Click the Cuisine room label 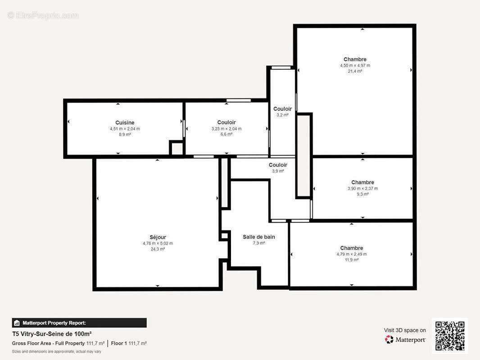click(125, 122)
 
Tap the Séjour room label click(158, 237)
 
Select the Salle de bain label click(258, 237)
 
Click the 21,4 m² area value click(355, 71)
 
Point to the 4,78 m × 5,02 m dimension click(158, 243)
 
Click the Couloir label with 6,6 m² click(226, 122)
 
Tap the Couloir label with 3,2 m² click(282, 109)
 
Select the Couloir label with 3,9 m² click(278, 165)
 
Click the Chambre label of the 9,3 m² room click(362, 182)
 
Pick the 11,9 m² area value click(352, 260)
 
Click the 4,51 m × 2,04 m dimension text click(125, 129)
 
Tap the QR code click(450, 336)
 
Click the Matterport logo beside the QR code click(405, 340)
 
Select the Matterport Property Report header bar click(79, 323)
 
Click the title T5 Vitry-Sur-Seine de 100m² click(52, 334)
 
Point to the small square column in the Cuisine click(177, 148)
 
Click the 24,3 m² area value click(158, 249)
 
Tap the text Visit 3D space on click(404, 330)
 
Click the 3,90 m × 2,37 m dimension click(362, 189)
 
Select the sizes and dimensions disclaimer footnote click(56, 351)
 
